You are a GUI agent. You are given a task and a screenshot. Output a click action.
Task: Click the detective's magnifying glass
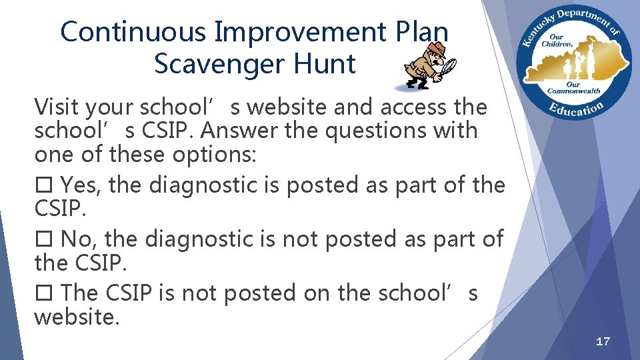pos(449,65)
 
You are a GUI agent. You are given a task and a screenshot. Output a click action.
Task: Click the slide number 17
pos(603,341)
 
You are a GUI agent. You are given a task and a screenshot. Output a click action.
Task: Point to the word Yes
pos(81,185)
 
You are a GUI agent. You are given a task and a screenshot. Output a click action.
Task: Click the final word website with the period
pos(77,317)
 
